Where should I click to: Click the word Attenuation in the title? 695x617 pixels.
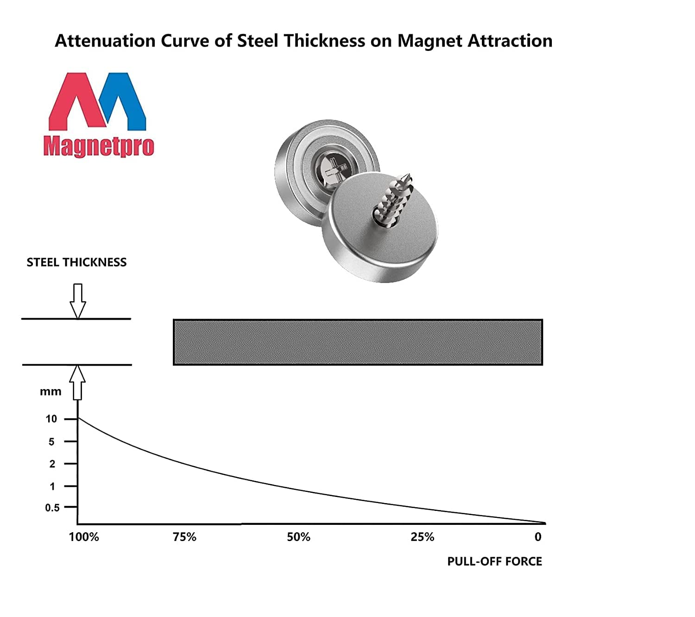(x=105, y=41)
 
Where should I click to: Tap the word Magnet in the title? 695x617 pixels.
(x=430, y=41)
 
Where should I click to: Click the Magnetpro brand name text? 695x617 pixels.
(x=99, y=146)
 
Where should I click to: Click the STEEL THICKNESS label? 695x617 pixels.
(x=76, y=263)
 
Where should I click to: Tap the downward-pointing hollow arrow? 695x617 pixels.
(x=78, y=301)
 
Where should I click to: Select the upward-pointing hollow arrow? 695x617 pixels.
(x=78, y=382)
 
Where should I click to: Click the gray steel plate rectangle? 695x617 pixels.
(x=358, y=342)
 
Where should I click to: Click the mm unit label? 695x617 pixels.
(x=51, y=392)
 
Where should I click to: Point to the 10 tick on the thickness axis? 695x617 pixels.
(x=51, y=419)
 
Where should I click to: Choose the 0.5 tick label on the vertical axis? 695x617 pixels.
(x=52, y=508)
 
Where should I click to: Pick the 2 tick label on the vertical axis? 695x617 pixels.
(x=52, y=464)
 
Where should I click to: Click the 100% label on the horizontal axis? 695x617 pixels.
(x=84, y=537)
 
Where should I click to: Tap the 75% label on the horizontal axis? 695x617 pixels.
(x=184, y=537)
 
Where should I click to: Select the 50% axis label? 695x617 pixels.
(x=298, y=537)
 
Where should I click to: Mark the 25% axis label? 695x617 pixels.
(x=422, y=537)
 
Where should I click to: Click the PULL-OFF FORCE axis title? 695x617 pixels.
(x=494, y=561)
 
